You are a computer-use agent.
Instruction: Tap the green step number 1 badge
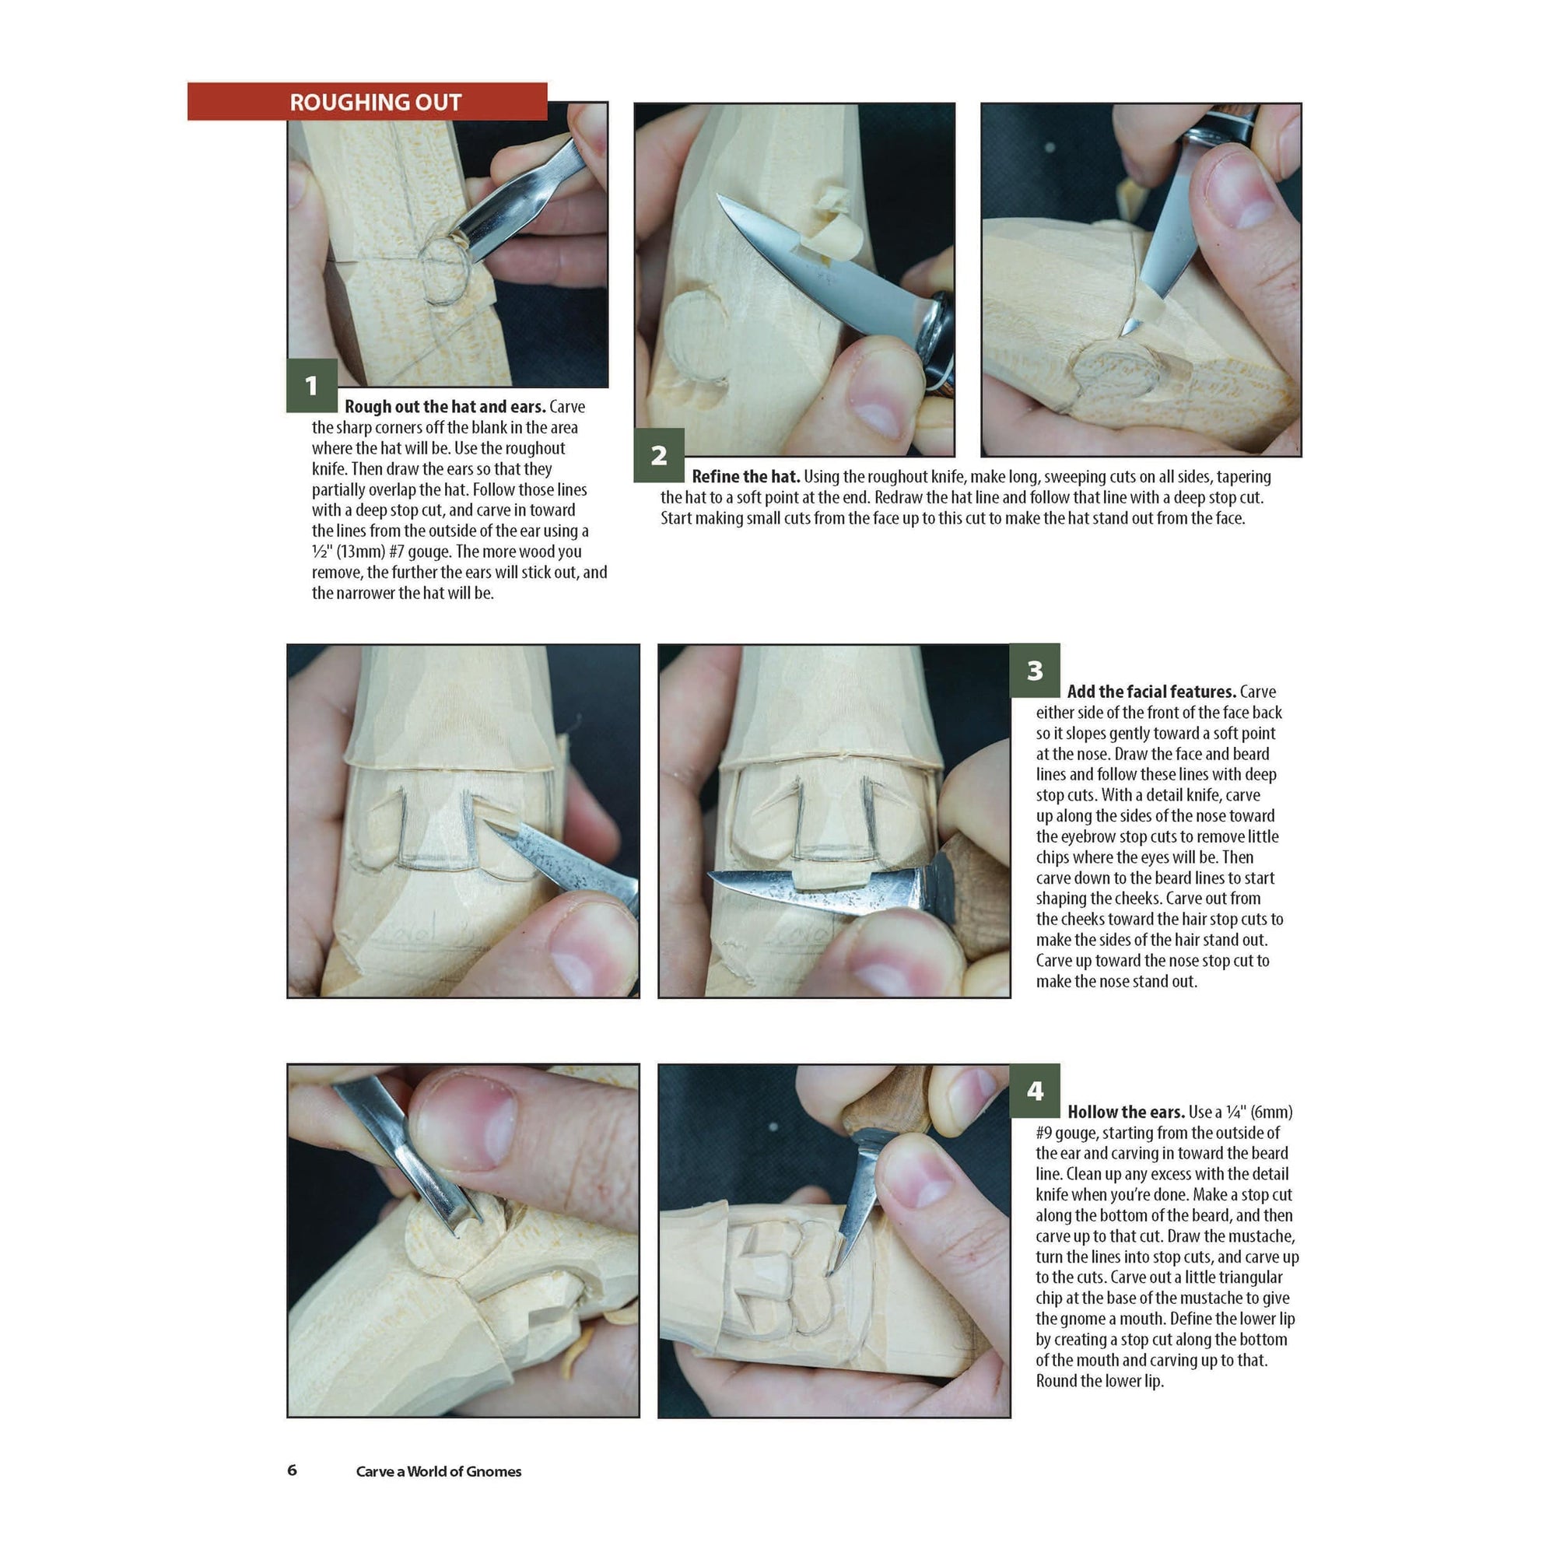[x=312, y=386]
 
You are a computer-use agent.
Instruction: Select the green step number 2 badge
[x=659, y=456]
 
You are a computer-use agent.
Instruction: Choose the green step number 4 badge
[x=1035, y=1091]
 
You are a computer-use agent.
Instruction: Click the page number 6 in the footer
[x=293, y=1470]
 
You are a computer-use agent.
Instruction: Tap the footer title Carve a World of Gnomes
[x=439, y=1471]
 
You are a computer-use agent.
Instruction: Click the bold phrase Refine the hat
[x=746, y=477]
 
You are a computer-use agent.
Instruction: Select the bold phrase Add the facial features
[x=1151, y=692]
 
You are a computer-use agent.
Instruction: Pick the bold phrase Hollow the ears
[x=1126, y=1113]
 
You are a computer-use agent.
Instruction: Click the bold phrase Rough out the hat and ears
[x=445, y=407]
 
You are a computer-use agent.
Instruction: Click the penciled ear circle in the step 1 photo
[x=445, y=270]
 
